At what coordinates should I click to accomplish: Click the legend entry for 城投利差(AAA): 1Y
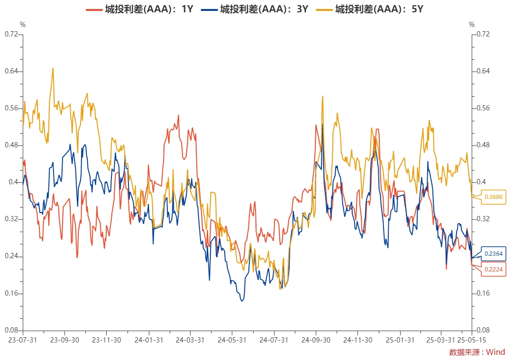(139, 9)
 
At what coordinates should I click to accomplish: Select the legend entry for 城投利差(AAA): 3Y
(255, 9)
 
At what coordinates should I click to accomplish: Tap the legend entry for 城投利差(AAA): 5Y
(370, 9)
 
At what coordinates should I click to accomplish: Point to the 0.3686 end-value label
(494, 197)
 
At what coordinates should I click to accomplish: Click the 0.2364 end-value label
(494, 254)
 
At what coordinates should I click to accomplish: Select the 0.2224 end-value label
(494, 270)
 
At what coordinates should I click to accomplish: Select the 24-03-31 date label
(190, 340)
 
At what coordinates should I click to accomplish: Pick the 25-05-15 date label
(471, 340)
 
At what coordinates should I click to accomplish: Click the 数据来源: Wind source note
(477, 352)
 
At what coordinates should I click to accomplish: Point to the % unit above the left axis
(23, 24)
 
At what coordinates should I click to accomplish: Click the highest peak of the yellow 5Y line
(53, 68)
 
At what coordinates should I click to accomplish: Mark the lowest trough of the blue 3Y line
(242, 301)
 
